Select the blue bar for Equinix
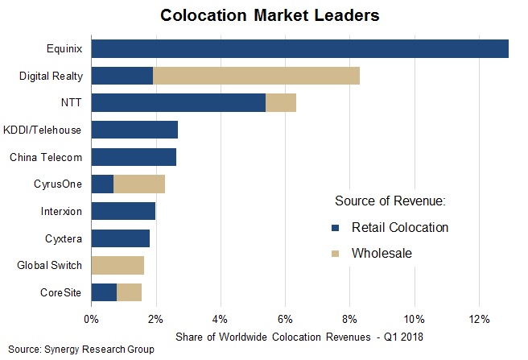pos(299,48)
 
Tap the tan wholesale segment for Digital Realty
pos(256,76)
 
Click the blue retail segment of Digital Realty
pos(122,76)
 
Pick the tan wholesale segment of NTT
pos(281,102)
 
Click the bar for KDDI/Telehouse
pos(134,130)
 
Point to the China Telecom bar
pos(134,157)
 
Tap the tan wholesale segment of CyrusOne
pos(139,184)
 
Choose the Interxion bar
pos(123,211)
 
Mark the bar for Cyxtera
pos(121,238)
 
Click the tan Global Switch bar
pos(118,265)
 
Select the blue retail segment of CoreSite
pos(104,292)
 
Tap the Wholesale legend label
pos(382,253)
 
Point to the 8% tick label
pos(349,319)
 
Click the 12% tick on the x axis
pos(479,319)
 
